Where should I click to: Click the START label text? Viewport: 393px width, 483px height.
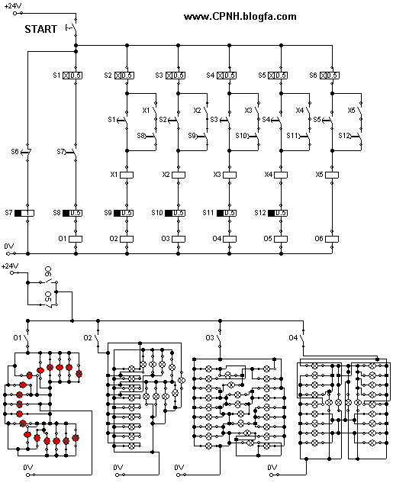[x=40, y=30]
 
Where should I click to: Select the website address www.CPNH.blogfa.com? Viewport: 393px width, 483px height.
[x=240, y=17]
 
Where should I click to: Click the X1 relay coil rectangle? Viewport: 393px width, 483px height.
[x=127, y=175]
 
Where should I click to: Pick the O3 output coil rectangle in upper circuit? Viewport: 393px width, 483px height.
[x=178, y=238]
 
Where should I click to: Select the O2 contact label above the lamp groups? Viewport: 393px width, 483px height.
[x=88, y=337]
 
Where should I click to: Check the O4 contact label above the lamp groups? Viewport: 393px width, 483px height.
[x=292, y=337]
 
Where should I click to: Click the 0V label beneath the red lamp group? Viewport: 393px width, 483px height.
[x=28, y=466]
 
